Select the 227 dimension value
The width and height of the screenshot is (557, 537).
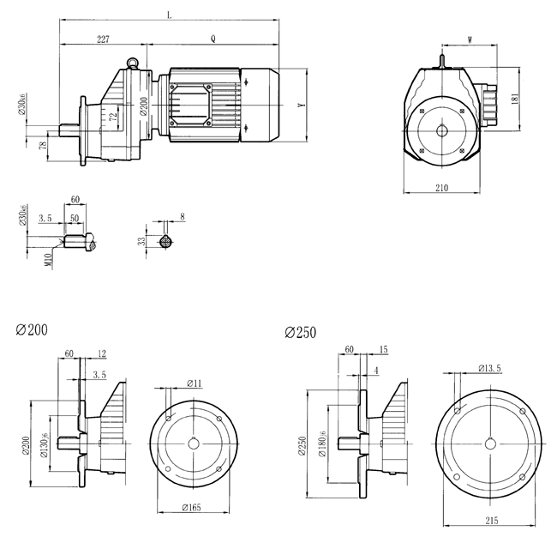(103, 39)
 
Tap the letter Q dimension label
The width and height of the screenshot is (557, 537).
(212, 39)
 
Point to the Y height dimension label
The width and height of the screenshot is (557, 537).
(299, 106)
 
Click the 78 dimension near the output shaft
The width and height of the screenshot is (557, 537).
(43, 147)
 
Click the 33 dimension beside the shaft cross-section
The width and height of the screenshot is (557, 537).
(141, 242)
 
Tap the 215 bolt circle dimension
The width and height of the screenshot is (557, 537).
(489, 520)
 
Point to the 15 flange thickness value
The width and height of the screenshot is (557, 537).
(383, 349)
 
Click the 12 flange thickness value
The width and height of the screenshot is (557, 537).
(103, 353)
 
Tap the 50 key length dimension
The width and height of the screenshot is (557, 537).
(75, 219)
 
